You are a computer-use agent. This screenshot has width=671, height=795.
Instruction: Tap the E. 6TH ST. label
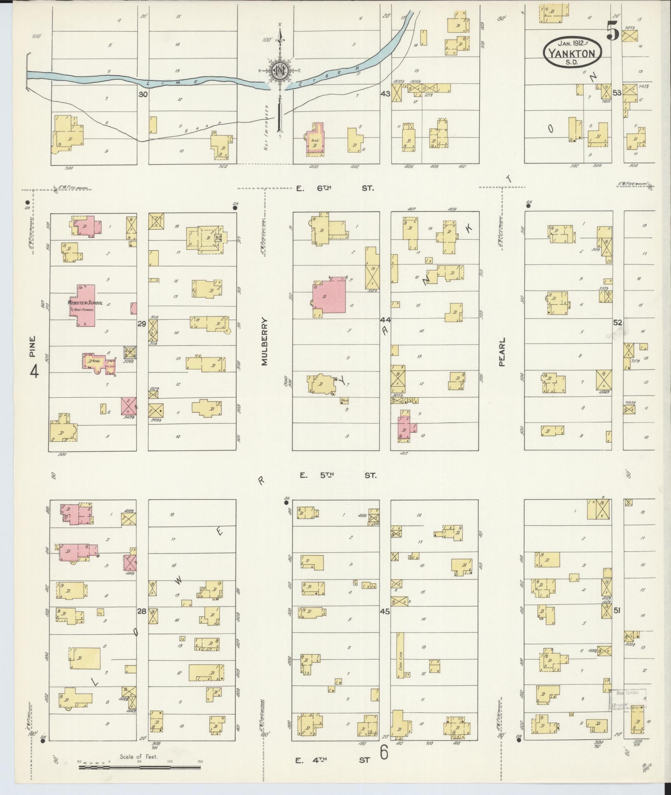pos(335,188)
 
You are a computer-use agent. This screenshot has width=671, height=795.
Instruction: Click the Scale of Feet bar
pos(140,767)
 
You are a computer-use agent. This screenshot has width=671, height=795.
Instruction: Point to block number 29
pos(142,324)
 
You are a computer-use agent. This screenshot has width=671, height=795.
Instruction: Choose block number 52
pos(617,323)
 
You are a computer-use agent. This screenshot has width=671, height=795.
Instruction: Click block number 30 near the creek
pos(143,94)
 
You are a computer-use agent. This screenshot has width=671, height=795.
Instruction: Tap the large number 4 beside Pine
pos(34,372)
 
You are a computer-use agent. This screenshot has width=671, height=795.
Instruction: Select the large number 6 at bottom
pos(384,753)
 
